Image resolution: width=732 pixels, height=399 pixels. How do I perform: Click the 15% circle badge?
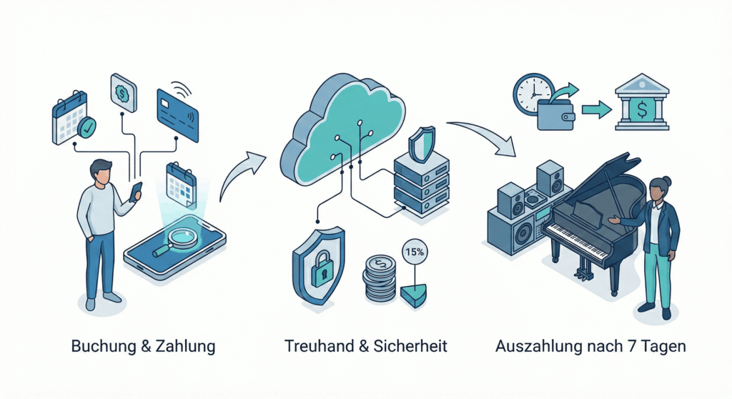(415, 252)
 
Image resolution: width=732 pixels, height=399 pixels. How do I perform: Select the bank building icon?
(642, 102)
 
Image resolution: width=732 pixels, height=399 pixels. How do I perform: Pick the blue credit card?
(177, 115)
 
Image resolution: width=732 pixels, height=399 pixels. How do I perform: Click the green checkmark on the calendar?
(86, 127)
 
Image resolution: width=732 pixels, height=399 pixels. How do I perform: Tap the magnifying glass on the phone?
(175, 240)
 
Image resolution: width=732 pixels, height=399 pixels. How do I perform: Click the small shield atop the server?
(421, 144)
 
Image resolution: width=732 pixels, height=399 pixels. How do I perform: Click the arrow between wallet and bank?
(596, 110)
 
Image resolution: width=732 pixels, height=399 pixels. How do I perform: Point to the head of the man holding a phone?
(101, 172)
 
